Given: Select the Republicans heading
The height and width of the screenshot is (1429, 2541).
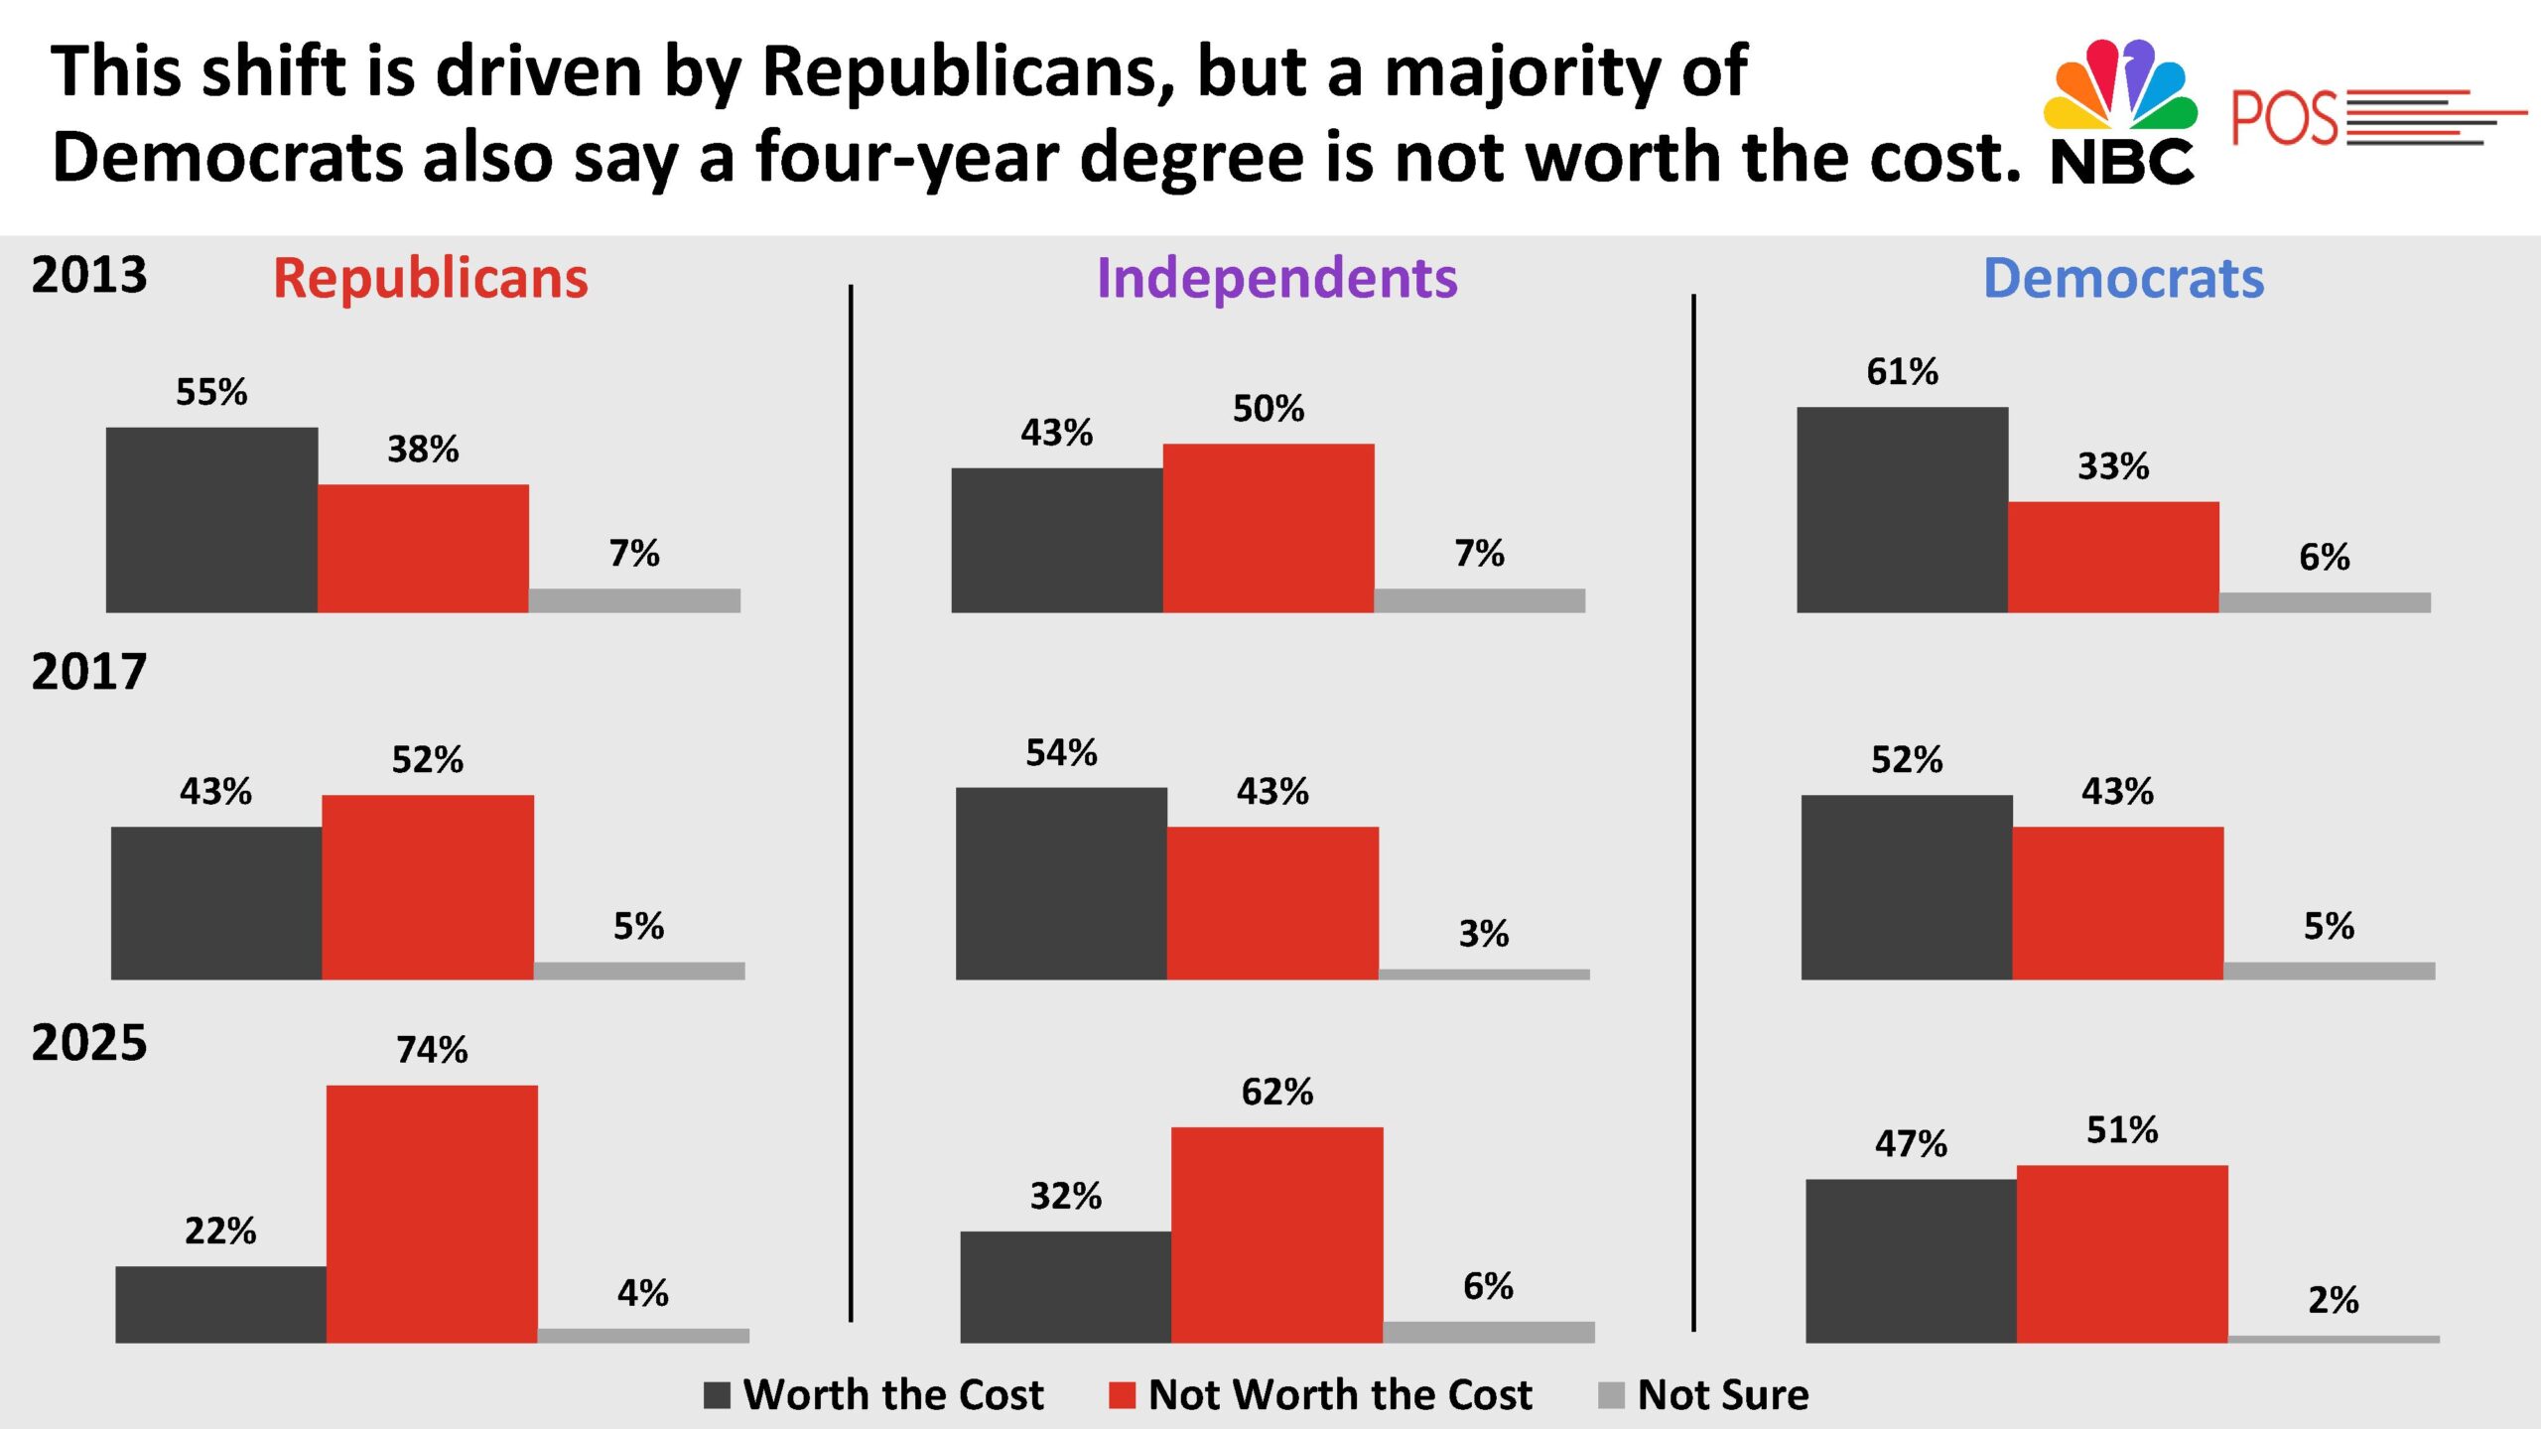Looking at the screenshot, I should click(x=431, y=278).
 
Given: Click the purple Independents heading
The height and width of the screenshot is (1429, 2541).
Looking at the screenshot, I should click(x=1276, y=278).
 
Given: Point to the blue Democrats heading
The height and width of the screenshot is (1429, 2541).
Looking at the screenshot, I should click(x=2123, y=278).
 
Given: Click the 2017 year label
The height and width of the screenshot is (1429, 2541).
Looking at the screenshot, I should click(x=89, y=673).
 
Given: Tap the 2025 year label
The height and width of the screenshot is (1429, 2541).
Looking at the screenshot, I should click(x=89, y=1043).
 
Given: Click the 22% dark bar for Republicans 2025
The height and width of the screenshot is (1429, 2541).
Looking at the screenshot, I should click(x=220, y=1304).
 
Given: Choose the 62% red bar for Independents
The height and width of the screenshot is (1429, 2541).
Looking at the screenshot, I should click(x=1276, y=1234).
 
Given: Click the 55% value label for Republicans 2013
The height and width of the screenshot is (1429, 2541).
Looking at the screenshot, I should click(x=211, y=392).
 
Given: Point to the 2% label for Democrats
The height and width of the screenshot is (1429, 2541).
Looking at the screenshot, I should click(x=2333, y=1300).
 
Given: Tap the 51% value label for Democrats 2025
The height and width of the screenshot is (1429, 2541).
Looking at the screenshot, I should click(x=2122, y=1130).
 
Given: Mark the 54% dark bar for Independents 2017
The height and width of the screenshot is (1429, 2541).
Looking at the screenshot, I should click(x=1061, y=883).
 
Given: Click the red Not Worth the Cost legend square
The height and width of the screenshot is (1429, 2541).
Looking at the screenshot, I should click(x=1122, y=1395).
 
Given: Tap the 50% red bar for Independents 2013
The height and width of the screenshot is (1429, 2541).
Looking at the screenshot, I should click(x=1269, y=528).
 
